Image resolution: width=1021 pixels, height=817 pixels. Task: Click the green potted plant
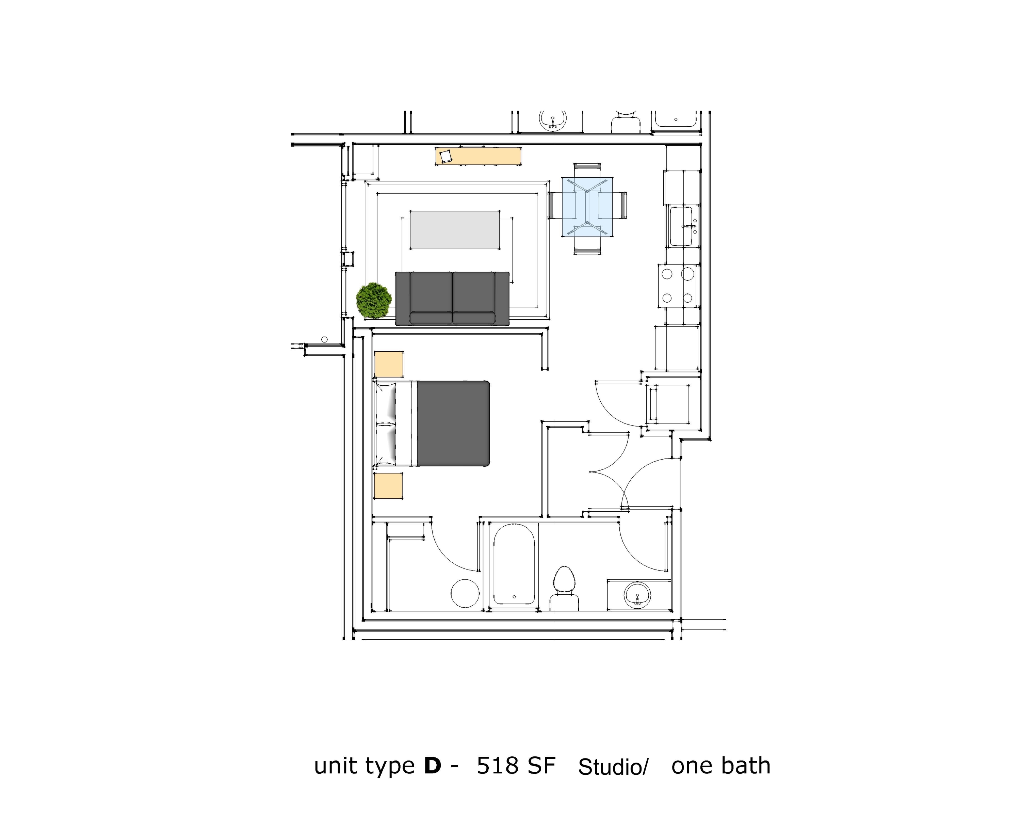(x=374, y=300)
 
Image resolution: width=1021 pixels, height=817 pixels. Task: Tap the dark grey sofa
(x=452, y=299)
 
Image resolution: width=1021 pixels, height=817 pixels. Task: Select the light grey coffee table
(x=455, y=230)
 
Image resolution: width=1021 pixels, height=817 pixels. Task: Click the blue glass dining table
(x=587, y=207)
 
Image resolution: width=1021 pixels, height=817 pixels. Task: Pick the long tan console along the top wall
(x=478, y=156)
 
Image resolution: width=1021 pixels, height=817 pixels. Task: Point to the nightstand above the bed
(x=389, y=364)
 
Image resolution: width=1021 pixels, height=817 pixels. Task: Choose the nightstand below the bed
(x=388, y=486)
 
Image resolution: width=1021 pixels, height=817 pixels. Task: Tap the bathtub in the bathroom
(x=514, y=564)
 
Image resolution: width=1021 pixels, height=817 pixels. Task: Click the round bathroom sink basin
(x=637, y=595)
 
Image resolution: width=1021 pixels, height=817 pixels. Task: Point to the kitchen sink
(x=681, y=226)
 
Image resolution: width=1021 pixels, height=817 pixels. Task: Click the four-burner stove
(x=677, y=286)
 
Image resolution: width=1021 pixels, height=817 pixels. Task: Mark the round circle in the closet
(x=465, y=593)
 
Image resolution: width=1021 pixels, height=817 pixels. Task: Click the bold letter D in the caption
(x=432, y=766)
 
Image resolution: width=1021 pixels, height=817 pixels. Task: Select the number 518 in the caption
(x=497, y=766)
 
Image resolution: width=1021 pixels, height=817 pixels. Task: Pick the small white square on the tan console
(x=445, y=156)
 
